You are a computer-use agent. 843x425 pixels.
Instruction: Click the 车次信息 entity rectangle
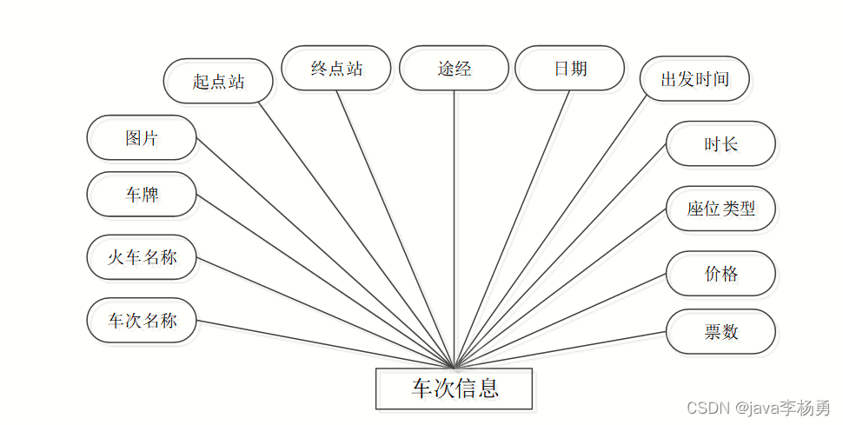pyautogui.click(x=454, y=388)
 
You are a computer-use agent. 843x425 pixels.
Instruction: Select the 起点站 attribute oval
pyautogui.click(x=218, y=82)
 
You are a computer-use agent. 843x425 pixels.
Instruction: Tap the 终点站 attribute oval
pyautogui.click(x=336, y=69)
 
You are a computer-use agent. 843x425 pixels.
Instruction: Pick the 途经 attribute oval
pyautogui.click(x=454, y=69)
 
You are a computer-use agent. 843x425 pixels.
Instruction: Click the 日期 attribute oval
pyautogui.click(x=570, y=69)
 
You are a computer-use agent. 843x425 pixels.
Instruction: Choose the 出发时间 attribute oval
pyautogui.click(x=694, y=80)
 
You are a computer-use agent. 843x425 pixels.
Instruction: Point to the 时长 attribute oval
pyautogui.click(x=720, y=144)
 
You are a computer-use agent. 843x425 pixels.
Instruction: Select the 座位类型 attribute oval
pyautogui.click(x=720, y=209)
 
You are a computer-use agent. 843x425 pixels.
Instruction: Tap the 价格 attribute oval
pyautogui.click(x=720, y=274)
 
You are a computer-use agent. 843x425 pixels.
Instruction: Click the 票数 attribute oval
pyautogui.click(x=720, y=331)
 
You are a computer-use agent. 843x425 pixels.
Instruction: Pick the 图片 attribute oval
pyautogui.click(x=142, y=137)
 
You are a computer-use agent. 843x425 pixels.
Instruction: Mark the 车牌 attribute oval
pyautogui.click(x=142, y=195)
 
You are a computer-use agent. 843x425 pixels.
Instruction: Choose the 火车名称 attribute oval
pyautogui.click(x=142, y=257)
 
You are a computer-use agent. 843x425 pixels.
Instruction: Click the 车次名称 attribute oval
pyautogui.click(x=142, y=321)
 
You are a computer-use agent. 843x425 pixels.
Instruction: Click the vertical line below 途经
pyautogui.click(x=454, y=217)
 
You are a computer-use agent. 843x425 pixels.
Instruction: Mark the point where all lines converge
pyautogui.click(x=454, y=367)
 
